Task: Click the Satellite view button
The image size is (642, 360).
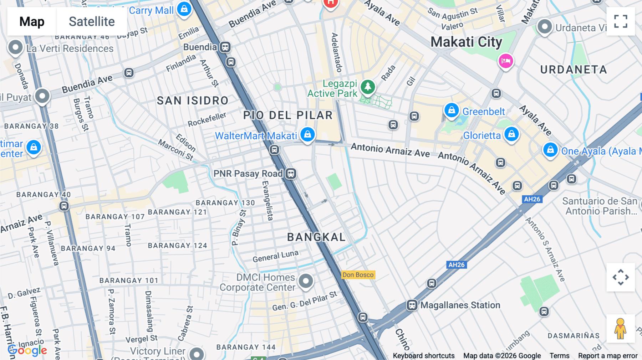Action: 92,21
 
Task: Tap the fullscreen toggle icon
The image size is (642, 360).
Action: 621,21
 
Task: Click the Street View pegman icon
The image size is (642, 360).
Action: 620,329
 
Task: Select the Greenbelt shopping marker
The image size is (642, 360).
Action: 451,110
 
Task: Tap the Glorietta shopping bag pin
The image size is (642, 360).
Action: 511,134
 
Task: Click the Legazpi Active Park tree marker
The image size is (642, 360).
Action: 367,87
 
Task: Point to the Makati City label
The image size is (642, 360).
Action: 466,42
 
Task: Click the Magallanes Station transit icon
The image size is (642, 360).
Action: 412,305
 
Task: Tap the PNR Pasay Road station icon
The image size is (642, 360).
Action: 291,174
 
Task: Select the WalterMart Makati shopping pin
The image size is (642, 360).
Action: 307,134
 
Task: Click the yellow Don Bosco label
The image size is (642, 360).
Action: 358,275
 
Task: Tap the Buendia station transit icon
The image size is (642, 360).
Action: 225,47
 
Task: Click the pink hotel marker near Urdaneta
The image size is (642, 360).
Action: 505,61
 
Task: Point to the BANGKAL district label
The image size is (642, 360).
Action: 316,237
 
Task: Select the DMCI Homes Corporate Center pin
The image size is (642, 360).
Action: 306,281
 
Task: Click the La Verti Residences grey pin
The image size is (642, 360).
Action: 15,47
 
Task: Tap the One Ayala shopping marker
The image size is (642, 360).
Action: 550,150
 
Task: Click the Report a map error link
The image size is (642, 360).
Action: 607,356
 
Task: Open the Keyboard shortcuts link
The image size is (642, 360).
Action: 423,356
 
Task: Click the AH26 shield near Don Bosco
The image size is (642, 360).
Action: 457,265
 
